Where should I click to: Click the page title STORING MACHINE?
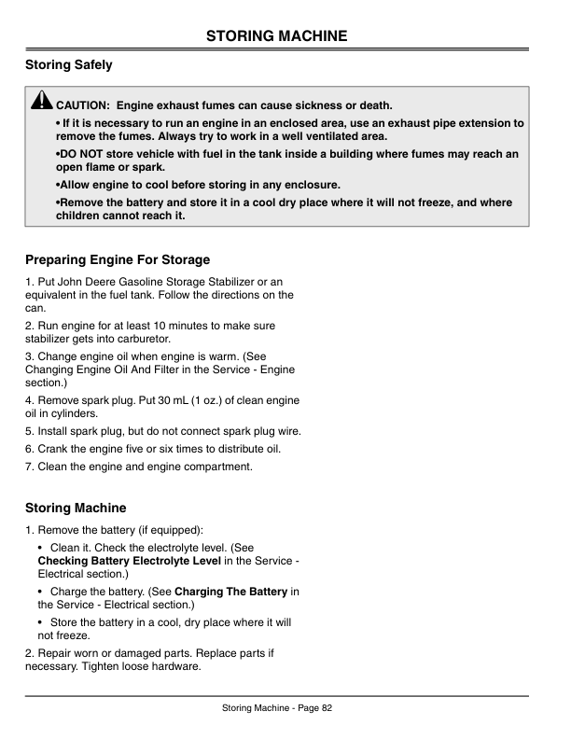pos(276,36)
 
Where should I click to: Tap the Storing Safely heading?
pos(69,65)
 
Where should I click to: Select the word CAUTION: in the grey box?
pos(84,105)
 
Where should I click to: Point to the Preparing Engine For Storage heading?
pos(118,259)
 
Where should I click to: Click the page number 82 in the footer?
pos(327,708)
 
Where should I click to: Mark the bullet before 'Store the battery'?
pos(41,621)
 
